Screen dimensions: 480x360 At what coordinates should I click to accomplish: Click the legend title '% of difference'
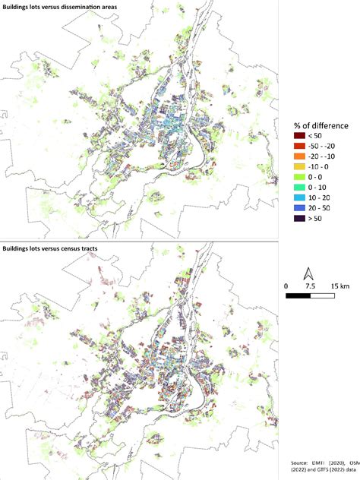coord(323,125)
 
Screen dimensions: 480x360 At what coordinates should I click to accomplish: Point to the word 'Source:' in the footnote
coord(301,462)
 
